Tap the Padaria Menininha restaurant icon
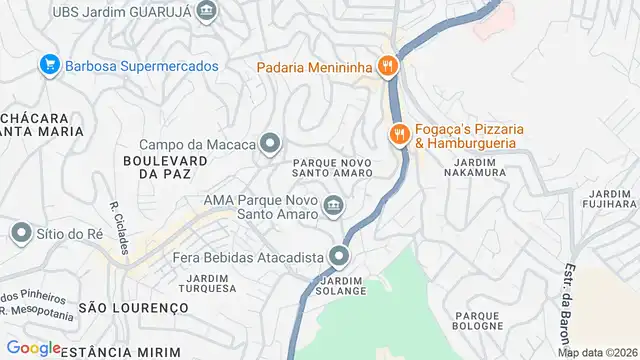388,67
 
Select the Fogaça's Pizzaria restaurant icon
399,133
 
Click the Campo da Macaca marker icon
270,144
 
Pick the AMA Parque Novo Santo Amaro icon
333,207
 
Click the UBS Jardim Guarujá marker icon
206,13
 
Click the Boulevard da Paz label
165,167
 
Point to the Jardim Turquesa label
209,282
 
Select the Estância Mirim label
108,352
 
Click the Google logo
33,348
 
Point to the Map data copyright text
597,352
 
